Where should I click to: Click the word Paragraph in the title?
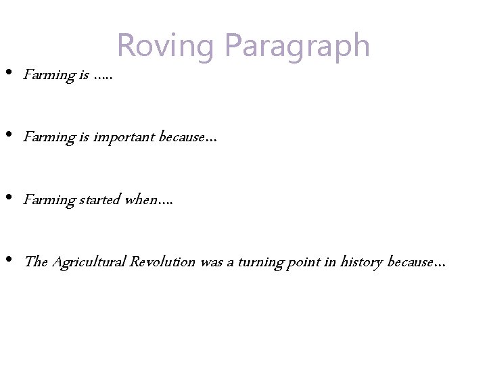tap(297, 47)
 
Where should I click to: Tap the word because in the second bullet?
tap(184, 137)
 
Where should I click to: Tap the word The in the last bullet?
tap(35, 262)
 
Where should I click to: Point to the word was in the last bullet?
tap(212, 262)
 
